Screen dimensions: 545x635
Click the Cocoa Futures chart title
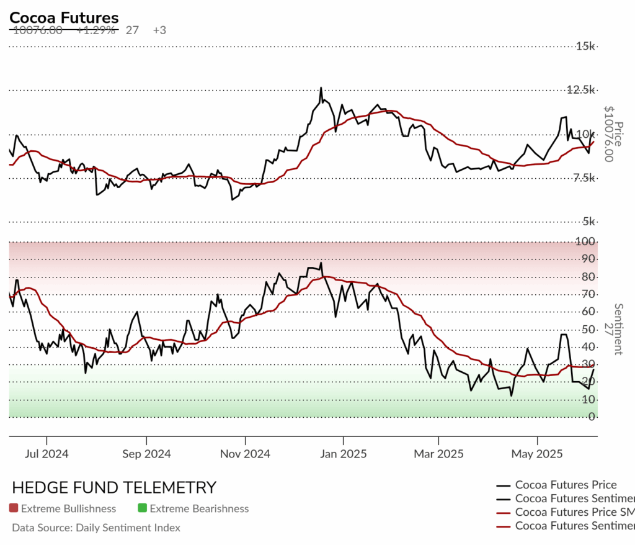64,18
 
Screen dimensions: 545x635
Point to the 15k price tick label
585,46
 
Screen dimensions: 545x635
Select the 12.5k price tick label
580,90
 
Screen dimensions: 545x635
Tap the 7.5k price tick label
583,178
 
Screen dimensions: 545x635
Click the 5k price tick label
587,222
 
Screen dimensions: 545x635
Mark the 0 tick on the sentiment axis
592,417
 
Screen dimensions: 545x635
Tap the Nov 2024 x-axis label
245,454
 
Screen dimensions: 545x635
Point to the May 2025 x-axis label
537,454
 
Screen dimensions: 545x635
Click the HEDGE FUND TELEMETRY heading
114,487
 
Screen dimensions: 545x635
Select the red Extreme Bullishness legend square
14,508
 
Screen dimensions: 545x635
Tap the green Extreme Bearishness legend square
142,508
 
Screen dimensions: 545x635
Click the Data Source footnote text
96,528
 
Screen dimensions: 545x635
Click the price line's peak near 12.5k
321,88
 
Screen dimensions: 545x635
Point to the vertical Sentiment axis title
618,329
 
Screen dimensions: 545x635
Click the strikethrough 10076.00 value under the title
37,30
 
